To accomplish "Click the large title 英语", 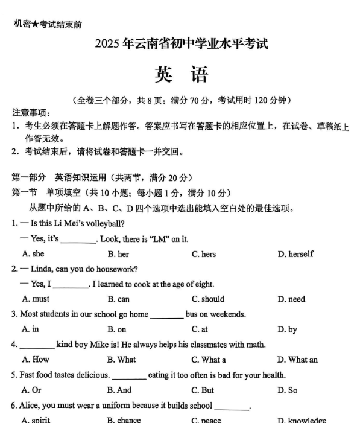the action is (181, 74).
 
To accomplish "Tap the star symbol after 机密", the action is (34, 24).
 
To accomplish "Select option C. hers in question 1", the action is (204, 254).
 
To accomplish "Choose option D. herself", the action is (295, 254).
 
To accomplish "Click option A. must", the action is (36, 299).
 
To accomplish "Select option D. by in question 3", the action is (287, 329).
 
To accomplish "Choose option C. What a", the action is (209, 360).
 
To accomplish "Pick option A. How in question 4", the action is (36, 360).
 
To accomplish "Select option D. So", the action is (287, 390).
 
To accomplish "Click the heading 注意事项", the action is (31, 113).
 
